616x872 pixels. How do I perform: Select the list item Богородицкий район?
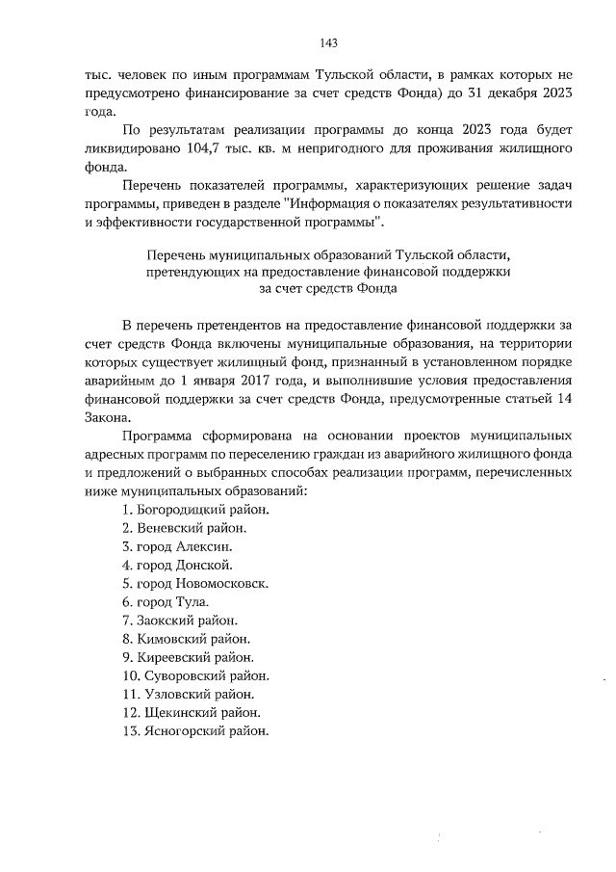pyautogui.click(x=196, y=509)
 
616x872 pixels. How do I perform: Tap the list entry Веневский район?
pyautogui.click(x=185, y=528)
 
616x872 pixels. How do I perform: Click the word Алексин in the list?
pyautogui.click(x=204, y=546)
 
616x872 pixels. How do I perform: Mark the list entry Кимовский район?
pyautogui.click(x=186, y=639)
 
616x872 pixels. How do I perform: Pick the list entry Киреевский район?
pyautogui.click(x=190, y=657)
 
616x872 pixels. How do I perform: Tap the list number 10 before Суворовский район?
pyautogui.click(x=130, y=676)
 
